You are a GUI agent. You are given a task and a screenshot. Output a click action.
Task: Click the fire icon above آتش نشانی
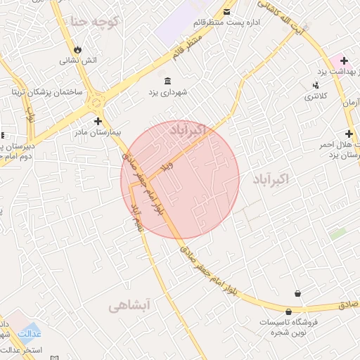point(77,50)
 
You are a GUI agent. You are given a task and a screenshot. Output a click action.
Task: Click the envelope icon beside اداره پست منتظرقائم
point(226,12)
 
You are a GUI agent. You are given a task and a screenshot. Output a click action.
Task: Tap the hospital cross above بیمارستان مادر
point(98,121)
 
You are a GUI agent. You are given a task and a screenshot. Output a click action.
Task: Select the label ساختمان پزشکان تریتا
point(47,92)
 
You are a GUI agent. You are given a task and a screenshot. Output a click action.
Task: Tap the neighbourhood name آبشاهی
point(130,305)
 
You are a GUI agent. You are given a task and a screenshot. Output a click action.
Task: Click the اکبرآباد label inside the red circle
point(188,129)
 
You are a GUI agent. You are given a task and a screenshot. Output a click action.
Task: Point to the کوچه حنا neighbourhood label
point(94,22)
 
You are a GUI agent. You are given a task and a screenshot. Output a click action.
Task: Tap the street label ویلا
point(167,166)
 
